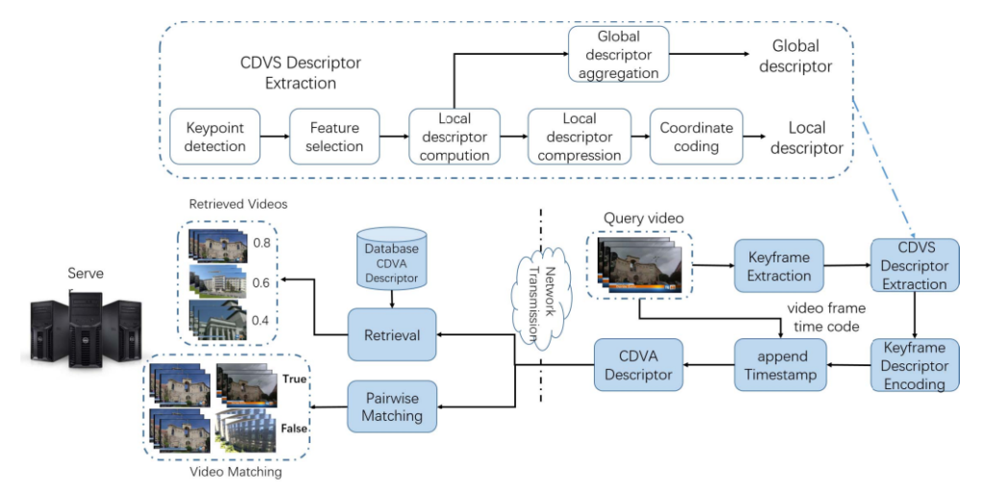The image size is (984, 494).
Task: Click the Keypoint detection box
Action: (215, 136)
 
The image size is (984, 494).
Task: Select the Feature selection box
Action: (334, 136)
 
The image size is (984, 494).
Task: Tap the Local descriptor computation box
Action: (455, 136)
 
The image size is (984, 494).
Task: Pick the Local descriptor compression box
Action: (578, 136)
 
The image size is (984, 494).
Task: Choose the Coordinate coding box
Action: (697, 136)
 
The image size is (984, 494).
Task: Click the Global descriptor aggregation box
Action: (619, 55)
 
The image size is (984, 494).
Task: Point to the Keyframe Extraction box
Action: (779, 266)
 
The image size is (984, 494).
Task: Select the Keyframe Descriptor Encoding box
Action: (913, 365)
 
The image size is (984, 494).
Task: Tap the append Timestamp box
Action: (779, 365)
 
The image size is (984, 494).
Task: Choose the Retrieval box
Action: (392, 335)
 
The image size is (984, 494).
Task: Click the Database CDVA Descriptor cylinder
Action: (392, 260)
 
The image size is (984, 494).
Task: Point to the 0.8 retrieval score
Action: (259, 242)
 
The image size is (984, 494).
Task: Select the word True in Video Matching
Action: (294, 379)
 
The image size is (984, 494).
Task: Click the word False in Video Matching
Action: (294, 429)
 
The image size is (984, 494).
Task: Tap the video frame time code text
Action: (826, 317)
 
